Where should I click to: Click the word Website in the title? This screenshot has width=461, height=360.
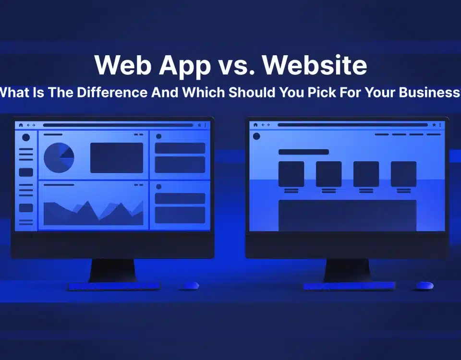[x=314, y=65]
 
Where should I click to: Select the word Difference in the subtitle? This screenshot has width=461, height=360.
[x=112, y=92]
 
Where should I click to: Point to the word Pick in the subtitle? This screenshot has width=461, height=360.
[x=322, y=92]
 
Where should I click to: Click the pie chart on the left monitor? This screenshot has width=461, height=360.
[x=59, y=157]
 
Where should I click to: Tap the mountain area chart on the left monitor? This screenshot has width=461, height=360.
[x=93, y=213]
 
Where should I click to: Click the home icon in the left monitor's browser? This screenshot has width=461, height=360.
[x=21, y=125]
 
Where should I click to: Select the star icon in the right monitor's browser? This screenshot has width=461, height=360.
[x=434, y=125]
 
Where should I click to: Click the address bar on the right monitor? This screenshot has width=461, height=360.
[x=352, y=125]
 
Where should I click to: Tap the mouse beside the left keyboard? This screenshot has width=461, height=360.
[x=189, y=286]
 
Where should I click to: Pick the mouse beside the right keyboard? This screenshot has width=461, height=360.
[x=424, y=285]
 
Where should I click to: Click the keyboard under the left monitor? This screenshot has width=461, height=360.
[x=114, y=286]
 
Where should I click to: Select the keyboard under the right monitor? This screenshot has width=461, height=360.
[x=349, y=286]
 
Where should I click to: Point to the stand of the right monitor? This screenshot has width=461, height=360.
[x=347, y=270]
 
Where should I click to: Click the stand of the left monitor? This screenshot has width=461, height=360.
[x=113, y=270]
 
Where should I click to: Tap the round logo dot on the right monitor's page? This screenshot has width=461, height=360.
[x=256, y=136]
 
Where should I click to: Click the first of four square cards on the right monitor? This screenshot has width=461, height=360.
[x=291, y=174]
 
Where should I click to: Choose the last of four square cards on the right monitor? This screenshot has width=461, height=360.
[x=403, y=174]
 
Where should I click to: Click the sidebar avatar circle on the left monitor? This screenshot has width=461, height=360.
[x=26, y=137]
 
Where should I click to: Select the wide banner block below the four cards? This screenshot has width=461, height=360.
[x=347, y=216]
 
